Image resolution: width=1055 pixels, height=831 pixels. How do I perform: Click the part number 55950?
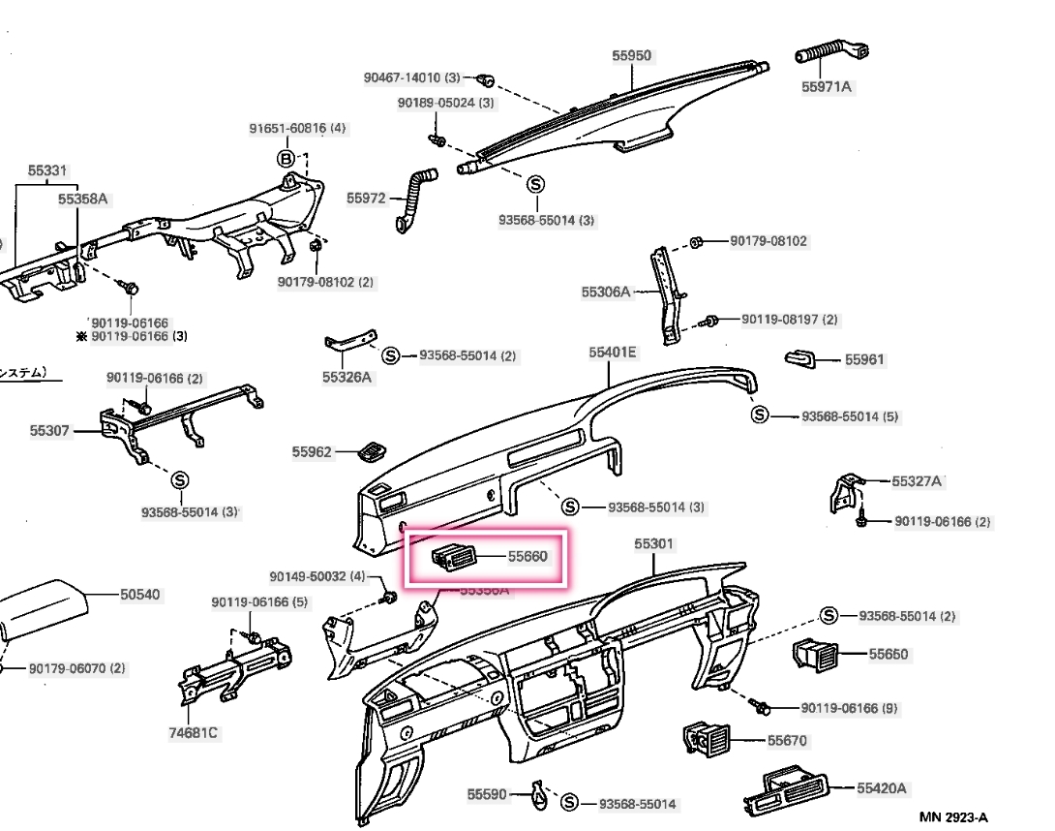[x=631, y=56]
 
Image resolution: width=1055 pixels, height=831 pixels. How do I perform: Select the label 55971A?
[x=827, y=87]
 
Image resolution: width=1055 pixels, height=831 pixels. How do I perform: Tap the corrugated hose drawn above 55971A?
[x=829, y=52]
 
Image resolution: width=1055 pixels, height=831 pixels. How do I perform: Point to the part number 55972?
[x=366, y=199]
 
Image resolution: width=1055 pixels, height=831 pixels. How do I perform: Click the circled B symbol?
[x=286, y=159]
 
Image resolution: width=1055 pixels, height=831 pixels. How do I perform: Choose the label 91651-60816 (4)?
[x=297, y=128]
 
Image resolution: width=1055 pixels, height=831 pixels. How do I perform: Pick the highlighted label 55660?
[x=528, y=557]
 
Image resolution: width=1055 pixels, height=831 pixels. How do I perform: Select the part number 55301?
[x=653, y=544]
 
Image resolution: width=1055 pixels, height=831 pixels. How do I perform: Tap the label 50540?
[x=140, y=595]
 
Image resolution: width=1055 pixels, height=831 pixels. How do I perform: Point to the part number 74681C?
[x=194, y=733]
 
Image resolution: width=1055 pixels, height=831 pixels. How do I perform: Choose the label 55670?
[x=787, y=741]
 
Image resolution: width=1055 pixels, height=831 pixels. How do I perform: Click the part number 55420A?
[x=881, y=788]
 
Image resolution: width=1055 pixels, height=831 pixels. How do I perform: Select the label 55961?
[x=864, y=359]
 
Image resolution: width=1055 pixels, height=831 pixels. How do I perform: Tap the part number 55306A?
[x=606, y=291]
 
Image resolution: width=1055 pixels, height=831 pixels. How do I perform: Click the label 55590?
[x=487, y=794]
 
